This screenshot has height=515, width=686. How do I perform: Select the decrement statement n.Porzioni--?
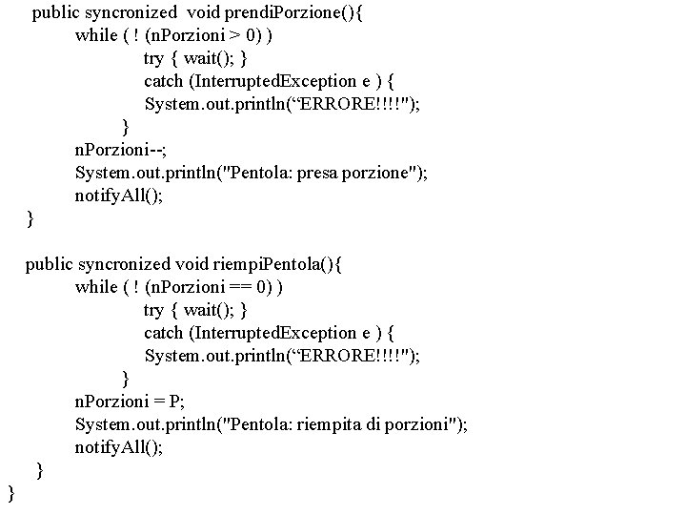(114, 149)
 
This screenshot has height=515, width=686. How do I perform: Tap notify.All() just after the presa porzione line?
(119, 196)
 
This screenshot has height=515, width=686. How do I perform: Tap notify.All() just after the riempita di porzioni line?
(119, 447)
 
